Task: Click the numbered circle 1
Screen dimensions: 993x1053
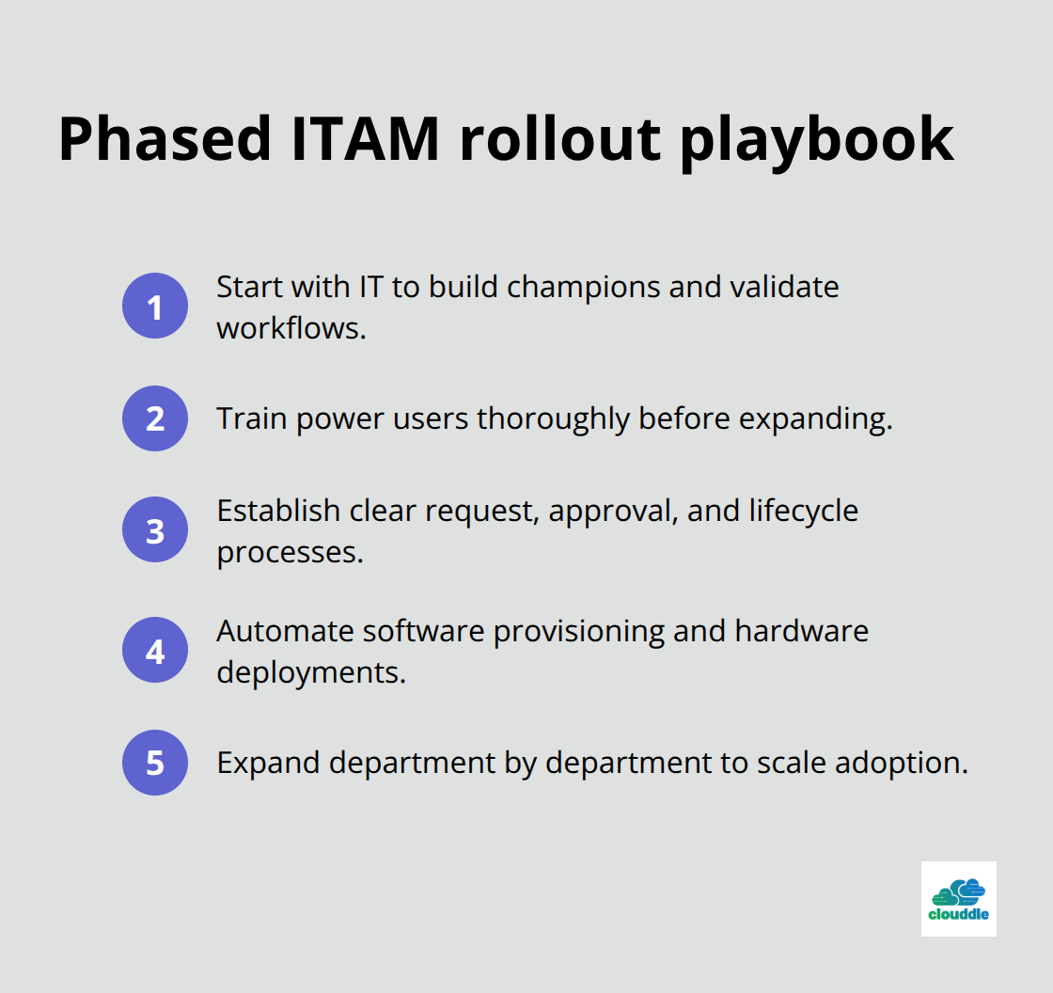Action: point(155,306)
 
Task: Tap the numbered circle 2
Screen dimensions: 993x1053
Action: point(155,418)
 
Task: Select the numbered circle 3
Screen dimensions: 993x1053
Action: point(155,530)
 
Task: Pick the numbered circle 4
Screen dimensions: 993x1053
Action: point(155,650)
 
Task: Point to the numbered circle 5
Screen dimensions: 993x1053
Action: point(155,762)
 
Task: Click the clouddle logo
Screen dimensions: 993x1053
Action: point(958,899)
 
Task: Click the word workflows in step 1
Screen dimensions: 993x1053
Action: point(291,328)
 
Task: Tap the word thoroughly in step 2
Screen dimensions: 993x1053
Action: point(555,418)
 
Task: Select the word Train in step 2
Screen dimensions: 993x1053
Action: point(252,418)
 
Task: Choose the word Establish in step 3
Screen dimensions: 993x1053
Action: point(278,511)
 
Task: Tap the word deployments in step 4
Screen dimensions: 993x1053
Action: point(311,673)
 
